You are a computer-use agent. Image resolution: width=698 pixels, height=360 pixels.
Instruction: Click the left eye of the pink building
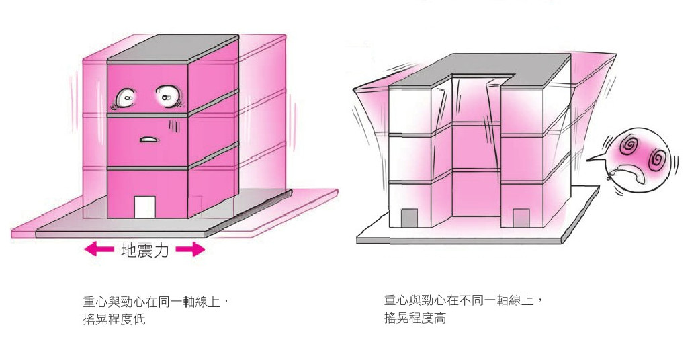[126, 98]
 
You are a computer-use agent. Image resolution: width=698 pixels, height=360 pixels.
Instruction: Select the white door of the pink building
[144, 207]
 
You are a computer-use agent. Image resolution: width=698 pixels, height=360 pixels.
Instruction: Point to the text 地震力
[145, 251]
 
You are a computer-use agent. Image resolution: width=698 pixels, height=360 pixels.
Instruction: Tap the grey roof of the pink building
[173, 48]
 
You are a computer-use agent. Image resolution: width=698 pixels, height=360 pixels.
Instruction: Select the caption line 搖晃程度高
[415, 318]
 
